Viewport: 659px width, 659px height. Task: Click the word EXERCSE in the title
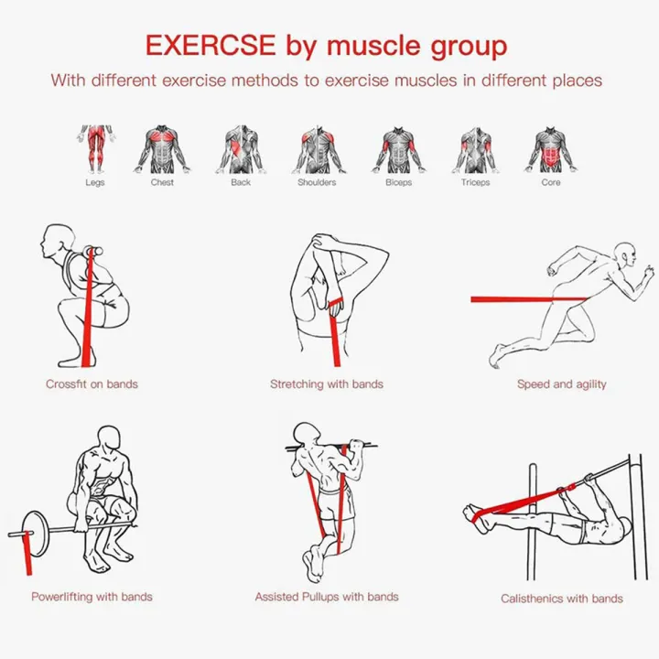(211, 45)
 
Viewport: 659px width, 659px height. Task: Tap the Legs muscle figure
(96, 149)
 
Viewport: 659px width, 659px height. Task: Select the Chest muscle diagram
(162, 149)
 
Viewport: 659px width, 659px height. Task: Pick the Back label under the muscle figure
(241, 182)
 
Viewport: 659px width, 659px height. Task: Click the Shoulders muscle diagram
(318, 149)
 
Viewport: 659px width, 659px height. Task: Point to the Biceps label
(398, 183)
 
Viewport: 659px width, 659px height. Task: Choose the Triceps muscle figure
(476, 150)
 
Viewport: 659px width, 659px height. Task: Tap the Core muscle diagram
(551, 149)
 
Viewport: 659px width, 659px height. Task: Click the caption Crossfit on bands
(92, 384)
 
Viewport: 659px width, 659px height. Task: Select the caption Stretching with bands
(327, 384)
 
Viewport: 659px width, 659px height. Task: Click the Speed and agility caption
(561, 384)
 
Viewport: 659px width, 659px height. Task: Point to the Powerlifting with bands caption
(92, 597)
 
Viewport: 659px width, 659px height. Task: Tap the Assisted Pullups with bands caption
(327, 597)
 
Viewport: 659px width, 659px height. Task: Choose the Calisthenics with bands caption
(561, 599)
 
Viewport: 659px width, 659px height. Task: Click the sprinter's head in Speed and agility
(626, 254)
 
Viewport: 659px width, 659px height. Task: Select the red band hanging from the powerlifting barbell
(27, 553)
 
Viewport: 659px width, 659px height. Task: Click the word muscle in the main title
(373, 46)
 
